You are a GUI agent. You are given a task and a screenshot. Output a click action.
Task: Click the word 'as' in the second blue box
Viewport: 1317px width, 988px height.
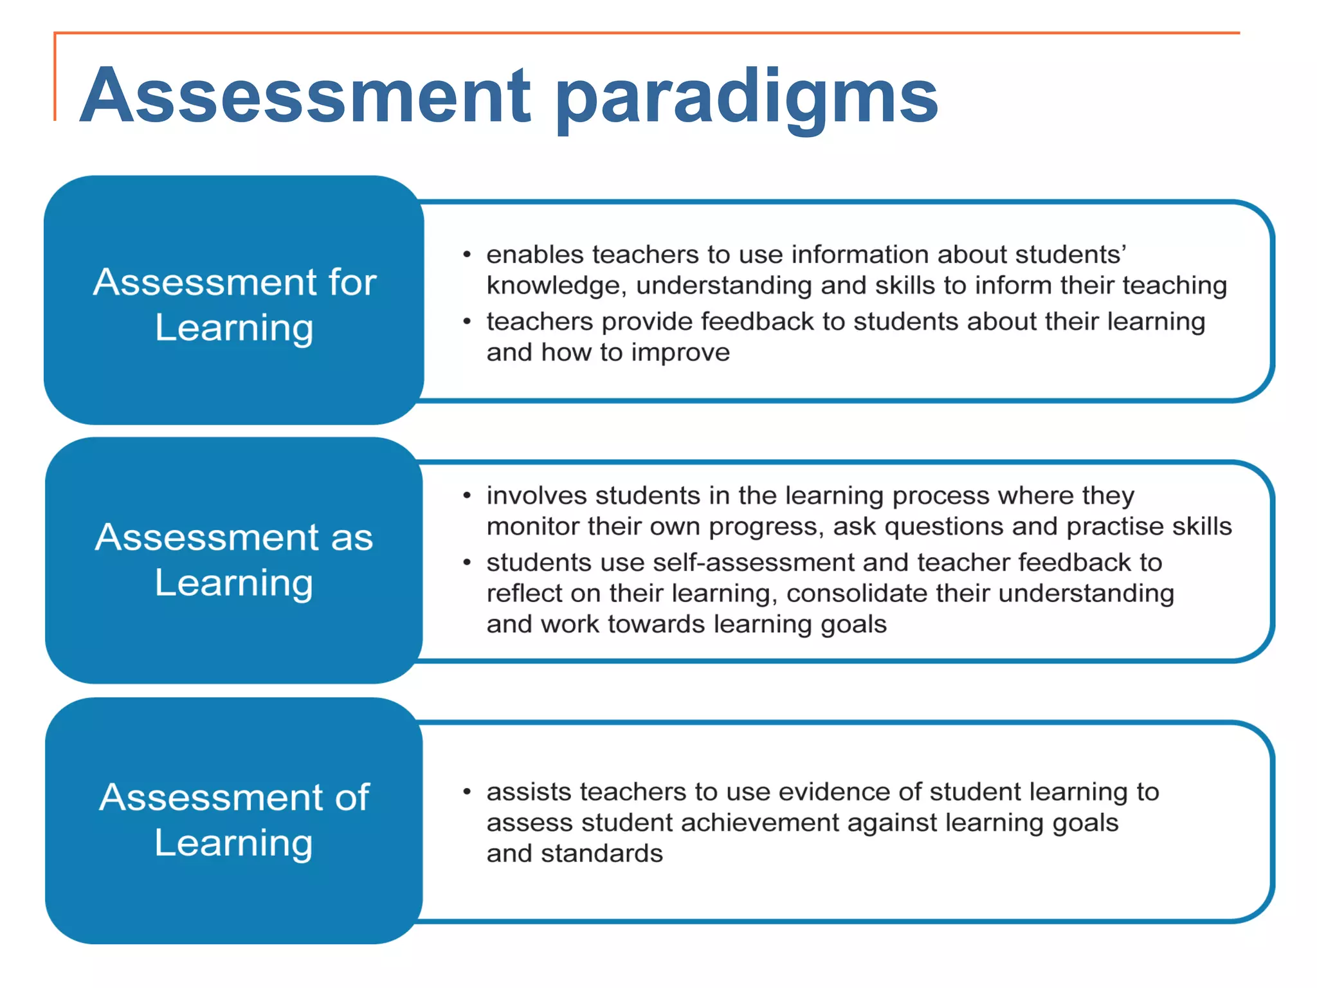coord(352,537)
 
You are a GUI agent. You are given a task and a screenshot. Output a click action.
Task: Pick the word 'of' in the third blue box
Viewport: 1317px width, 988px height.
coord(352,798)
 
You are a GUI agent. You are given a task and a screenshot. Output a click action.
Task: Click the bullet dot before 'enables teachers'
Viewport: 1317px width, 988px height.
coord(467,255)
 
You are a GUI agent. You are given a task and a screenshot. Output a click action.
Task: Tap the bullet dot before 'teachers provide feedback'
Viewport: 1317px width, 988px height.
coord(467,322)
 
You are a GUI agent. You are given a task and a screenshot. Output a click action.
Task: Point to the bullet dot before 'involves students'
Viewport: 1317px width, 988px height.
coord(467,496)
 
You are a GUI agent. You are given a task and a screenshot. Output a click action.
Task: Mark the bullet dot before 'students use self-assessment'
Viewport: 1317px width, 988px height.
coord(467,563)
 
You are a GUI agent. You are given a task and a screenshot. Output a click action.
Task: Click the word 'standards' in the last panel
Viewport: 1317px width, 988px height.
coord(602,854)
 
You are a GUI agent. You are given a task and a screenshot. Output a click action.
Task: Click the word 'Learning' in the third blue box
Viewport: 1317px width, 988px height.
coord(234,843)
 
